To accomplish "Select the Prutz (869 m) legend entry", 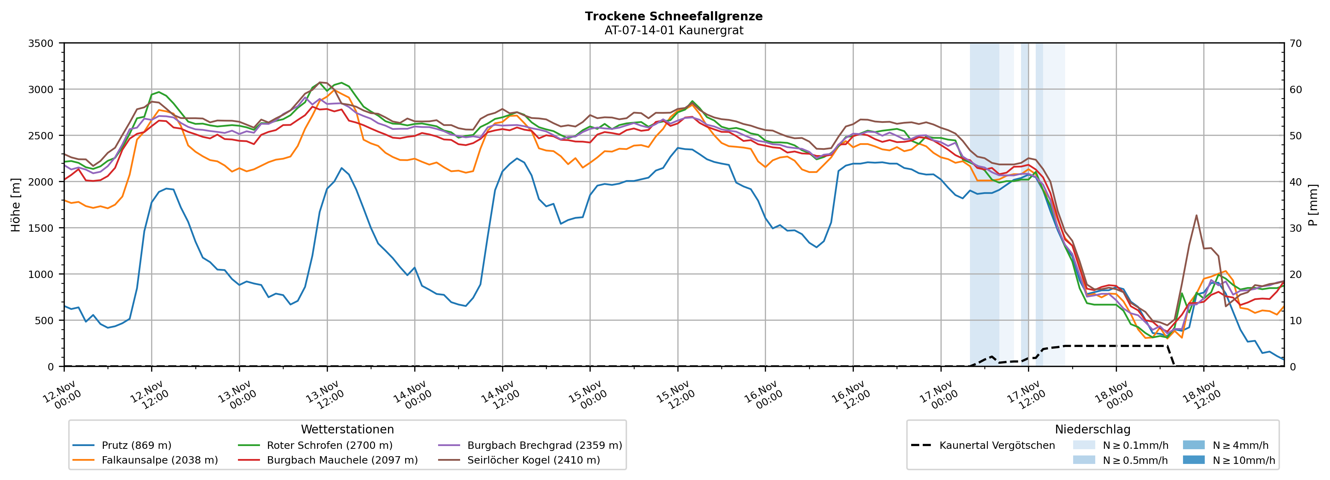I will click(136, 445).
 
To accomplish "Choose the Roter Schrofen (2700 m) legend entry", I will click(329, 445).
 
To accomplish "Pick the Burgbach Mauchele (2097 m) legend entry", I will click(342, 460).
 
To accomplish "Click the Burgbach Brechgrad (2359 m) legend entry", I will click(544, 445).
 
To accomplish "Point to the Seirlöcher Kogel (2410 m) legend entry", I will click(533, 460).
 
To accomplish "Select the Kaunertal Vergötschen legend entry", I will click(997, 445).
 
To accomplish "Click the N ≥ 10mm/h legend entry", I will click(1243, 460).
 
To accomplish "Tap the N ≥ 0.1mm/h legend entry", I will click(1135, 445).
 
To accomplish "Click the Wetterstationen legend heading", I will click(347, 429).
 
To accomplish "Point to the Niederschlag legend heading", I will click(1092, 429).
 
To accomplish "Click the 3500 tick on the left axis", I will click(41, 43).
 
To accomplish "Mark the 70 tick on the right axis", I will click(1295, 43).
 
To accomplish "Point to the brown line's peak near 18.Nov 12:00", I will click(1196, 215).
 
